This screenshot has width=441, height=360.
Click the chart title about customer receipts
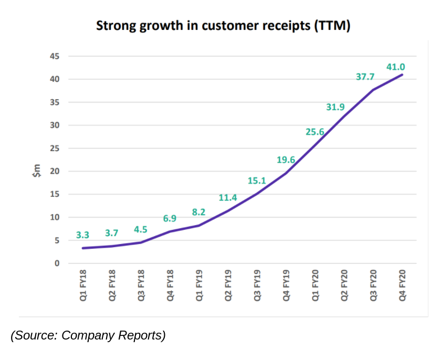[x=223, y=26]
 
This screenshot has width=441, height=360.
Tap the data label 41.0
[x=395, y=67]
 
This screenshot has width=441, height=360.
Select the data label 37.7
[x=365, y=77]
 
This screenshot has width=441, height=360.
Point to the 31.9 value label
[x=335, y=107]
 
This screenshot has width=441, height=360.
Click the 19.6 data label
[x=286, y=160]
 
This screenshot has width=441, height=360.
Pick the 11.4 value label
[x=228, y=198]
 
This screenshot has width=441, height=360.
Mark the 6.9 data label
[x=169, y=218]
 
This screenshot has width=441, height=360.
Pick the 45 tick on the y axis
[x=55, y=56]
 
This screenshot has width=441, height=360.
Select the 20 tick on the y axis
[x=55, y=171]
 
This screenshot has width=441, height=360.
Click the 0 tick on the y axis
[x=57, y=263]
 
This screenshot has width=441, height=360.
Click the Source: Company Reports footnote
[x=88, y=335]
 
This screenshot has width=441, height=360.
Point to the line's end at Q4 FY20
[x=403, y=75]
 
